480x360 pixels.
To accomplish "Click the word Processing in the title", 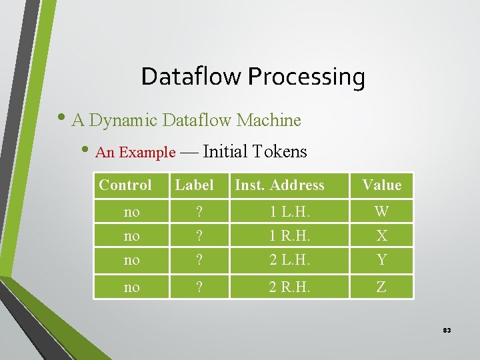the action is coord(306,77).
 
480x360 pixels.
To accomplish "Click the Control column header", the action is coord(125,185).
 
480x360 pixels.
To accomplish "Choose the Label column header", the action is coord(194,185).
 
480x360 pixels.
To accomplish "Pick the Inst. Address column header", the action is coord(279,185).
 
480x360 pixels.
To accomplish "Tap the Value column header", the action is coord(382,185).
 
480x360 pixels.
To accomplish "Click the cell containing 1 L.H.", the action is coord(289,212).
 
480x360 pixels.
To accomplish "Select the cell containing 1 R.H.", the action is coord(289,236).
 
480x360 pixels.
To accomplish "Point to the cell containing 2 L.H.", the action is coord(289,260).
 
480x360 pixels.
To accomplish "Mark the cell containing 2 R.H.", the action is coord(289,287).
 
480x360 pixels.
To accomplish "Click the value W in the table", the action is coord(382,212).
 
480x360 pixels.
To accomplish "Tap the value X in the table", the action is coord(382,236).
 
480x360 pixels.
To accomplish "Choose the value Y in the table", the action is coord(382,260).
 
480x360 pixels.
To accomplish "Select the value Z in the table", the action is coord(382,287).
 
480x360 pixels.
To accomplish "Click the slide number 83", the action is coord(447,331).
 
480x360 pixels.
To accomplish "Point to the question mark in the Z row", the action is coord(198,287).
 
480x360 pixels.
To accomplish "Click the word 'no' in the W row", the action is coord(132,212).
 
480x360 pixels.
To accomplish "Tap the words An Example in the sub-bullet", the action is coord(135,153).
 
